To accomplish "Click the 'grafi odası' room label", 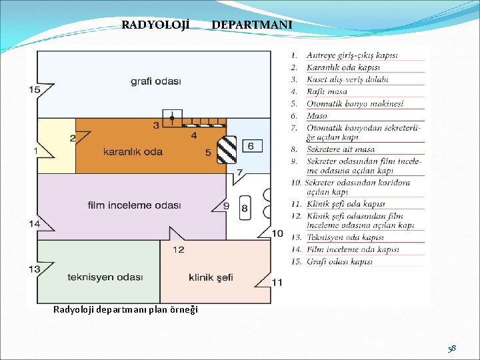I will click(x=156, y=81).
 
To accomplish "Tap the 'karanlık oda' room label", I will click(x=133, y=151).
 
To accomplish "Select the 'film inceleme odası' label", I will click(x=134, y=205).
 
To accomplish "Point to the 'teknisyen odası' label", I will click(x=105, y=277).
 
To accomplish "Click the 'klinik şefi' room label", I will click(x=211, y=277).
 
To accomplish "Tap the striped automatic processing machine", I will click(x=229, y=151).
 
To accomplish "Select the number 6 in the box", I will click(x=251, y=146).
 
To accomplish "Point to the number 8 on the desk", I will click(x=245, y=208).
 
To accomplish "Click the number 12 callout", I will click(x=178, y=249).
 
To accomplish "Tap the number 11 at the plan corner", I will click(x=277, y=282).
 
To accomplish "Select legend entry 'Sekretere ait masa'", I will click(x=341, y=149).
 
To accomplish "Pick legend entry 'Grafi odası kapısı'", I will click(x=339, y=261).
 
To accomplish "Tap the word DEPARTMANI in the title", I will click(x=252, y=25).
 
